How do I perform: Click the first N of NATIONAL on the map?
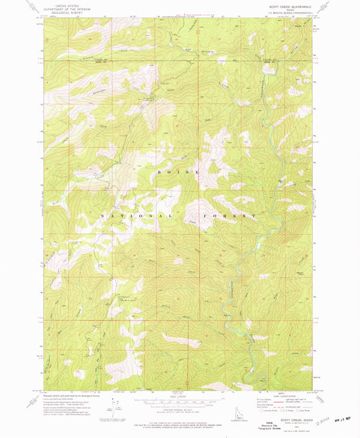103,215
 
